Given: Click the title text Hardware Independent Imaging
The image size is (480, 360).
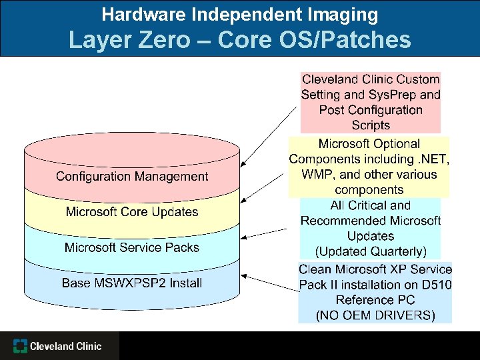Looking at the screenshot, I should [x=239, y=14].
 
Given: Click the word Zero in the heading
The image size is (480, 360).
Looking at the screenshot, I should [x=165, y=41].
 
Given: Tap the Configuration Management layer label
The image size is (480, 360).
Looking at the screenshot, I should [x=132, y=177].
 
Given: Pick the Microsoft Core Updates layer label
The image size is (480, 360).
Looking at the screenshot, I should [x=132, y=212].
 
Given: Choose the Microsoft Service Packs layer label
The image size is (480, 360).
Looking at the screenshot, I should [x=132, y=247].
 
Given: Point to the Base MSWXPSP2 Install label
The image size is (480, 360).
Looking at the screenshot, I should [x=132, y=283].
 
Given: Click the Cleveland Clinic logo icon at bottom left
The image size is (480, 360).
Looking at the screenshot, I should [x=21, y=346].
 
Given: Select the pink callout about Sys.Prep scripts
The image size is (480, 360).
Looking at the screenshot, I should [x=371, y=102].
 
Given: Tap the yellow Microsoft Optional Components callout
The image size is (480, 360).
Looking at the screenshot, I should [x=369, y=167].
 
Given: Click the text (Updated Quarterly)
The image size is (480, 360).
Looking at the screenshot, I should [x=371, y=251].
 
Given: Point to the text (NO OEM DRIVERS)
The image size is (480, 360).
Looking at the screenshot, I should [x=375, y=315].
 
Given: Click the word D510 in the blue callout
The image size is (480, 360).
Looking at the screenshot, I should [x=436, y=285].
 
